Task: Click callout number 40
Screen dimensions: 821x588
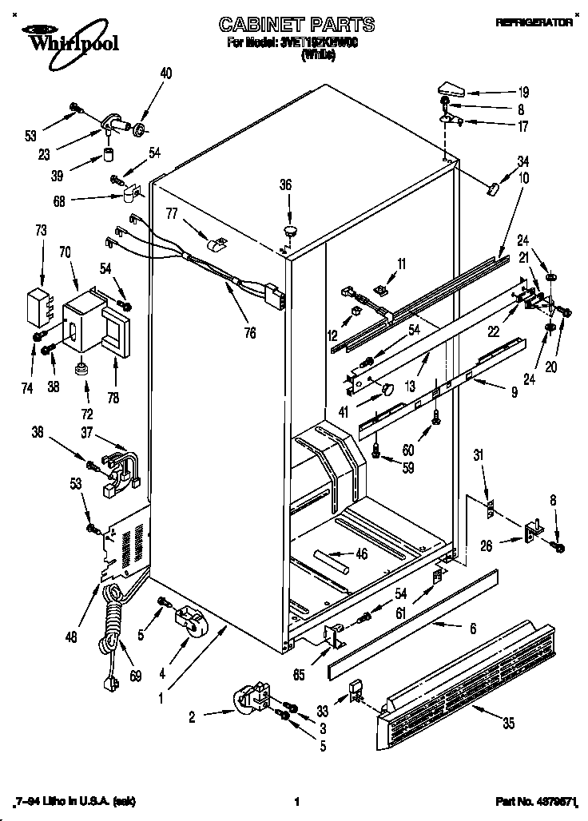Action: point(165,73)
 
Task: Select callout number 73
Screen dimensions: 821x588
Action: point(42,231)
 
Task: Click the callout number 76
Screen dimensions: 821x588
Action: point(250,332)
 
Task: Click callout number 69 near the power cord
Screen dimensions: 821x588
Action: point(135,677)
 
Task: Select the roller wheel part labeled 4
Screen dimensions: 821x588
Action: point(188,623)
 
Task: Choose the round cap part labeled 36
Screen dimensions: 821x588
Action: point(288,232)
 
